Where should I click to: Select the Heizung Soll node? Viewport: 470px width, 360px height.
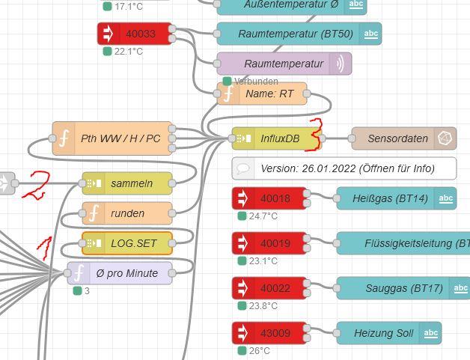388,333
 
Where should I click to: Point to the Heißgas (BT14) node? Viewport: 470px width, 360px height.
396,198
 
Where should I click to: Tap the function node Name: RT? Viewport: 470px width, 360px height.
262,94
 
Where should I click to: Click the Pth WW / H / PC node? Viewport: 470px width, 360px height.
112,138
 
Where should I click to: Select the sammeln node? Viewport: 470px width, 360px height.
127,183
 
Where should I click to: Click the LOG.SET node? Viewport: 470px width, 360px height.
127,243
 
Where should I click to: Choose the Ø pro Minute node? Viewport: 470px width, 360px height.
120,273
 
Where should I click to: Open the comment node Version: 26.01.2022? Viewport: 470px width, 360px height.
344,168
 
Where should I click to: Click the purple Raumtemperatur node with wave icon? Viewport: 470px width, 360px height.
284,64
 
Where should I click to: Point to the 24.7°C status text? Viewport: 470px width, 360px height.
263,216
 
